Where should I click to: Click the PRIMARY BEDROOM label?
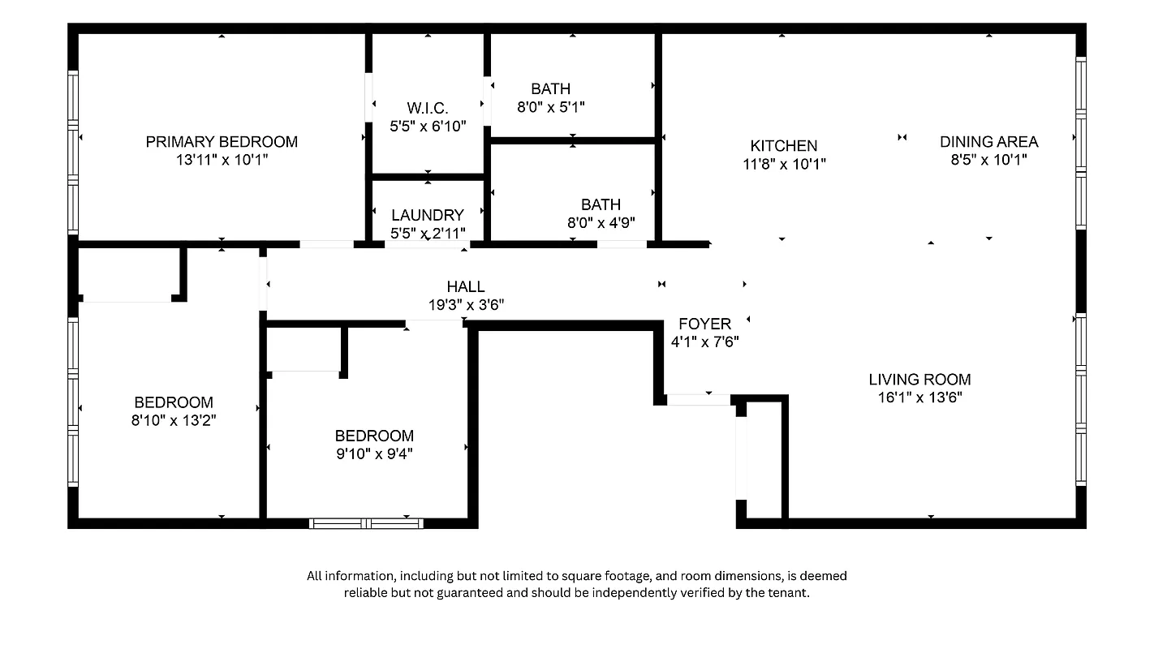click(x=222, y=142)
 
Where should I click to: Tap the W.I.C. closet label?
click(x=428, y=108)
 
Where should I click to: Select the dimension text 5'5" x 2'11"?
click(x=428, y=233)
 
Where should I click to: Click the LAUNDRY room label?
click(x=428, y=215)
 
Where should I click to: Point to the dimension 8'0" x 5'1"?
click(x=551, y=106)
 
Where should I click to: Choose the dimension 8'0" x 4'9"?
click(x=601, y=222)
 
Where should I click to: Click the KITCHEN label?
click(x=783, y=146)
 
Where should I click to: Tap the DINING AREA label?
click(x=988, y=142)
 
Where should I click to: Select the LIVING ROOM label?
click(x=919, y=380)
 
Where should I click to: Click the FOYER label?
click(x=704, y=324)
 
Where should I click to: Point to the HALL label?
click(x=466, y=286)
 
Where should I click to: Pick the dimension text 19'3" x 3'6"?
click(x=466, y=305)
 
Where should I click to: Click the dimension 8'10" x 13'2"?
click(x=174, y=420)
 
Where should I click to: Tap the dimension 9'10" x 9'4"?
click(x=374, y=453)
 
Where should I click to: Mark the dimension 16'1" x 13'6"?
click(x=919, y=398)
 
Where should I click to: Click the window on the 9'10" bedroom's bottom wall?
click(x=366, y=524)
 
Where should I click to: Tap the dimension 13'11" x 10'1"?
click(x=222, y=160)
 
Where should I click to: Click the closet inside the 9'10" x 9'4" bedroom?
click(x=304, y=349)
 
